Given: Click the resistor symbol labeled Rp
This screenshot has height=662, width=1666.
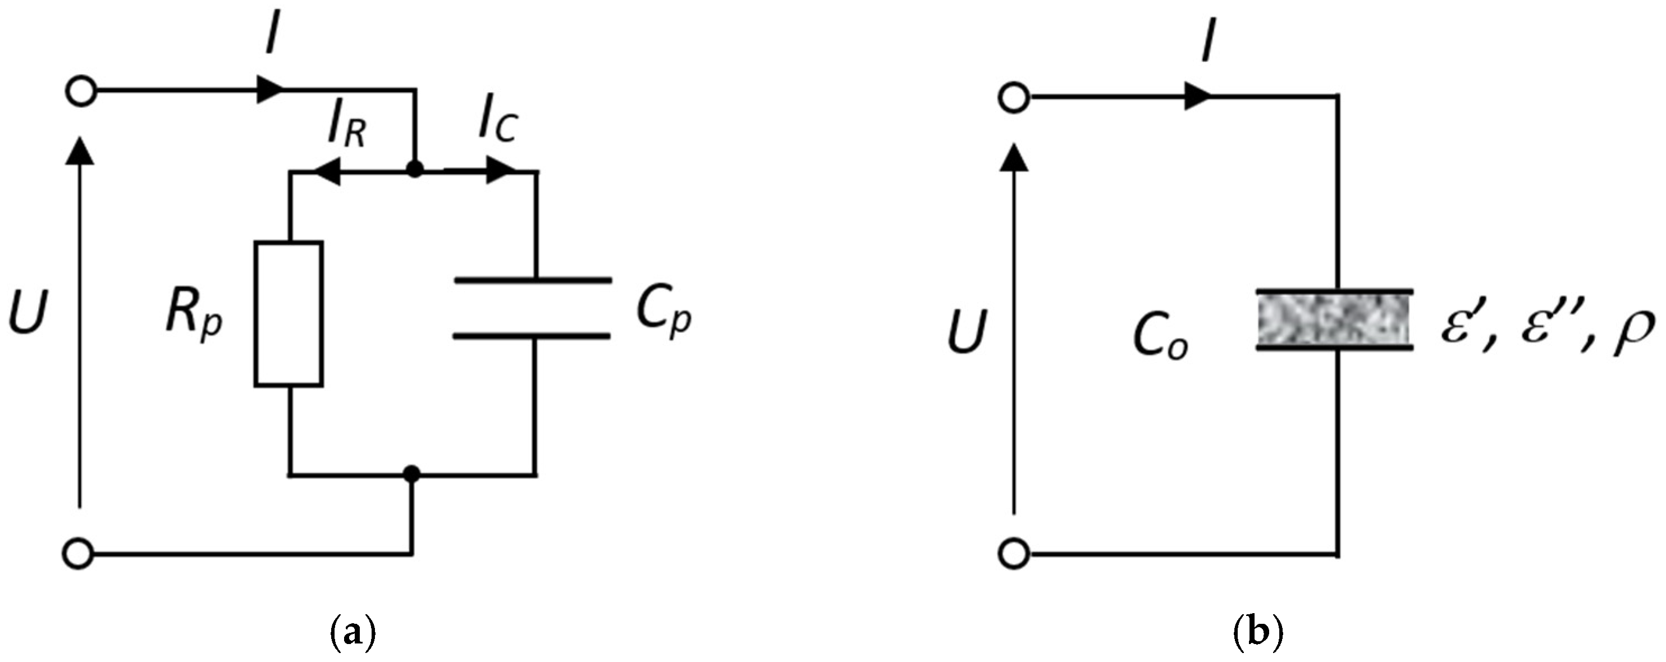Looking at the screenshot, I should click(x=289, y=314).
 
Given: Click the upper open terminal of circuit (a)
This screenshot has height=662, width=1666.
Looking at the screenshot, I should click(x=81, y=92).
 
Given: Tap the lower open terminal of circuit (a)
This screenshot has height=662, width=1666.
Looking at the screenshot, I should click(x=80, y=555).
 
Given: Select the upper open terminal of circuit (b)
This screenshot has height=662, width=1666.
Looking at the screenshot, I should click(x=1013, y=99).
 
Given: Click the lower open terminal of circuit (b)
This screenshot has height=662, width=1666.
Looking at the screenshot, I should click(x=1013, y=555).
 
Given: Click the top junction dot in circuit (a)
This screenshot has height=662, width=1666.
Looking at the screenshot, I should click(x=415, y=170).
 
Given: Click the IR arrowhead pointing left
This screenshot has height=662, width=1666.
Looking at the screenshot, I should click(x=327, y=171).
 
